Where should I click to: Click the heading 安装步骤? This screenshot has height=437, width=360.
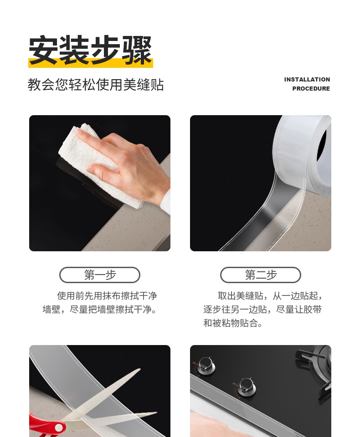pos(90,50)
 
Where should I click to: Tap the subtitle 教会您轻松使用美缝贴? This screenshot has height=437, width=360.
pos(95,85)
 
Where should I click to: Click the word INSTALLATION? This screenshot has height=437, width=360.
pos(307,79)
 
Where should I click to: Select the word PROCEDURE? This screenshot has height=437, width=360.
pos(311,88)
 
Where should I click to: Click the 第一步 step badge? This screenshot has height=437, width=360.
pos(100,275)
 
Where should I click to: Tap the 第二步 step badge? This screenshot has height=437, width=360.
pos(261,275)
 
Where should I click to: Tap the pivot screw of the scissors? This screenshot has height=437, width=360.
pos(59,427)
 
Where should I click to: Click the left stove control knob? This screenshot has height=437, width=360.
pos(206,365)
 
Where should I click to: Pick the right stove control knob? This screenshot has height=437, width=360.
pos(246,386)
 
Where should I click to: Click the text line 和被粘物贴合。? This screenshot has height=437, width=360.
pos(233,323)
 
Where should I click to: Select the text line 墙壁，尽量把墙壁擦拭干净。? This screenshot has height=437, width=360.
pos(100,309)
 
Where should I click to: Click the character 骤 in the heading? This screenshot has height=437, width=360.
pos(137,50)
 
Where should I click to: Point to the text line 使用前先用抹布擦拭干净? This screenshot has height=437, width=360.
pos(107,295)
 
